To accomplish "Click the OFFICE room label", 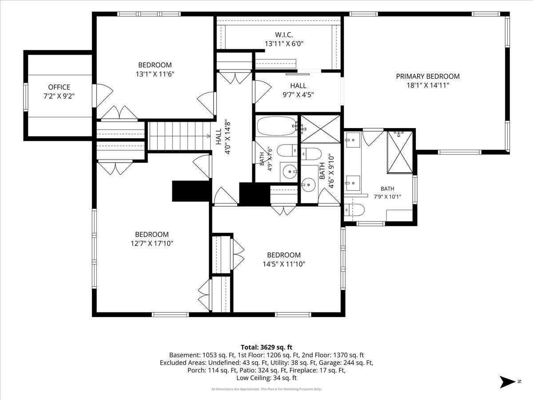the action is (59, 87).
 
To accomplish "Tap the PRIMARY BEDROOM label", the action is (428, 76).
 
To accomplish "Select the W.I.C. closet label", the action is (284, 35).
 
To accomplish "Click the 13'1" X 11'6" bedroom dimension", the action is (155, 74).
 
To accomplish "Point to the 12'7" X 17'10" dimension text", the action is (152, 244).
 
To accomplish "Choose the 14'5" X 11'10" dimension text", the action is (284, 264).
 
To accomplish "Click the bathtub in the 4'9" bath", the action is (277, 126).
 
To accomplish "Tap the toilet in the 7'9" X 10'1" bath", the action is (354, 210).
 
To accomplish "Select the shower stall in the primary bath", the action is (399, 152).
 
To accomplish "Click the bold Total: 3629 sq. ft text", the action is (266, 347).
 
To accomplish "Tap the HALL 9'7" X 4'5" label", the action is (298, 90).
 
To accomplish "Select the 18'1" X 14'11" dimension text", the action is (428, 85).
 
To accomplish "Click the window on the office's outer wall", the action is (25, 97).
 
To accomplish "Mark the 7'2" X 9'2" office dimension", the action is (59, 96).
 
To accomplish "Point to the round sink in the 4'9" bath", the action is (290, 172).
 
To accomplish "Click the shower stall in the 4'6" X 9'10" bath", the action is (321, 129).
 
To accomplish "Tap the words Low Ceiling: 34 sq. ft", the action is (266, 378).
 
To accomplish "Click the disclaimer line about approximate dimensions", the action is (266, 389).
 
